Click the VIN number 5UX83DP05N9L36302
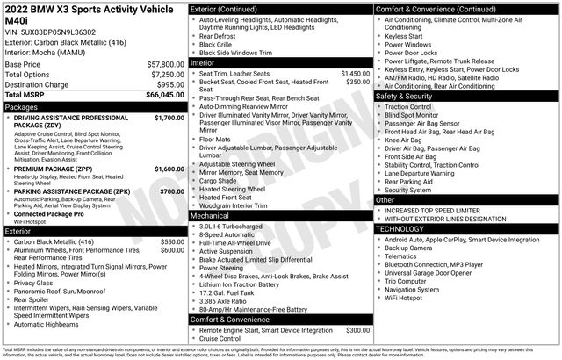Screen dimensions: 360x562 coord(59,31)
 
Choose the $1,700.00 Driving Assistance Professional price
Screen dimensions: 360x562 coord(169,117)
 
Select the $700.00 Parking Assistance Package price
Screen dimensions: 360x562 coord(171,191)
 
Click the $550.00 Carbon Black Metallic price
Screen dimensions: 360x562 coord(171,241)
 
